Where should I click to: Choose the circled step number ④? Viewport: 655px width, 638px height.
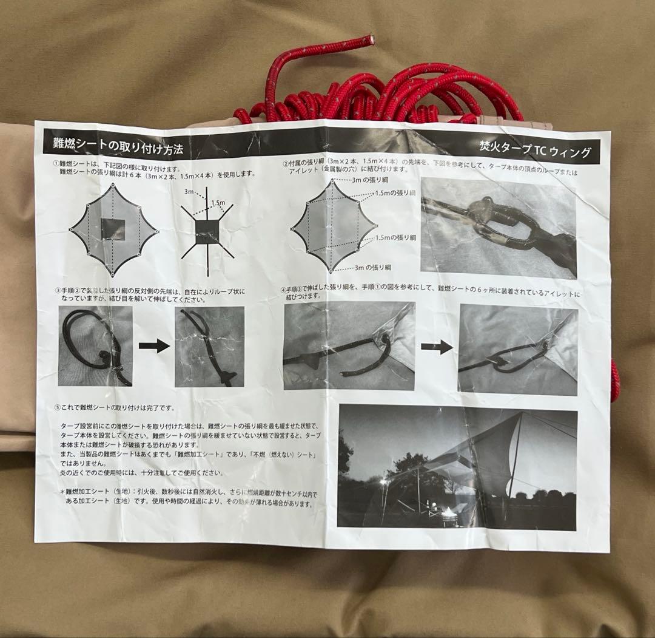click(285, 290)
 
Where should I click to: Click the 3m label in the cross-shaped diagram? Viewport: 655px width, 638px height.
click(189, 192)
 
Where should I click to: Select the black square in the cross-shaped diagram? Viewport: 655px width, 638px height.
click(207, 231)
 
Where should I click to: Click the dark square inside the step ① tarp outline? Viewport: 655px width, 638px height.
click(113, 229)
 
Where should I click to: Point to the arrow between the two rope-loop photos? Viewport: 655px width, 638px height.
click(153, 346)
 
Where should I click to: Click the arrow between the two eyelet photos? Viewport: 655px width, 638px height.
click(437, 347)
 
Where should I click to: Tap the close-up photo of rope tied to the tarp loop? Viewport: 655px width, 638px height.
click(498, 228)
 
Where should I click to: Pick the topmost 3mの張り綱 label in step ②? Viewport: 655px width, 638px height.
click(371, 180)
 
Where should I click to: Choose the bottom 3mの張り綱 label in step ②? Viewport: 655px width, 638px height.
click(372, 267)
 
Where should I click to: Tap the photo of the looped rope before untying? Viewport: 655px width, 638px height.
click(95, 346)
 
